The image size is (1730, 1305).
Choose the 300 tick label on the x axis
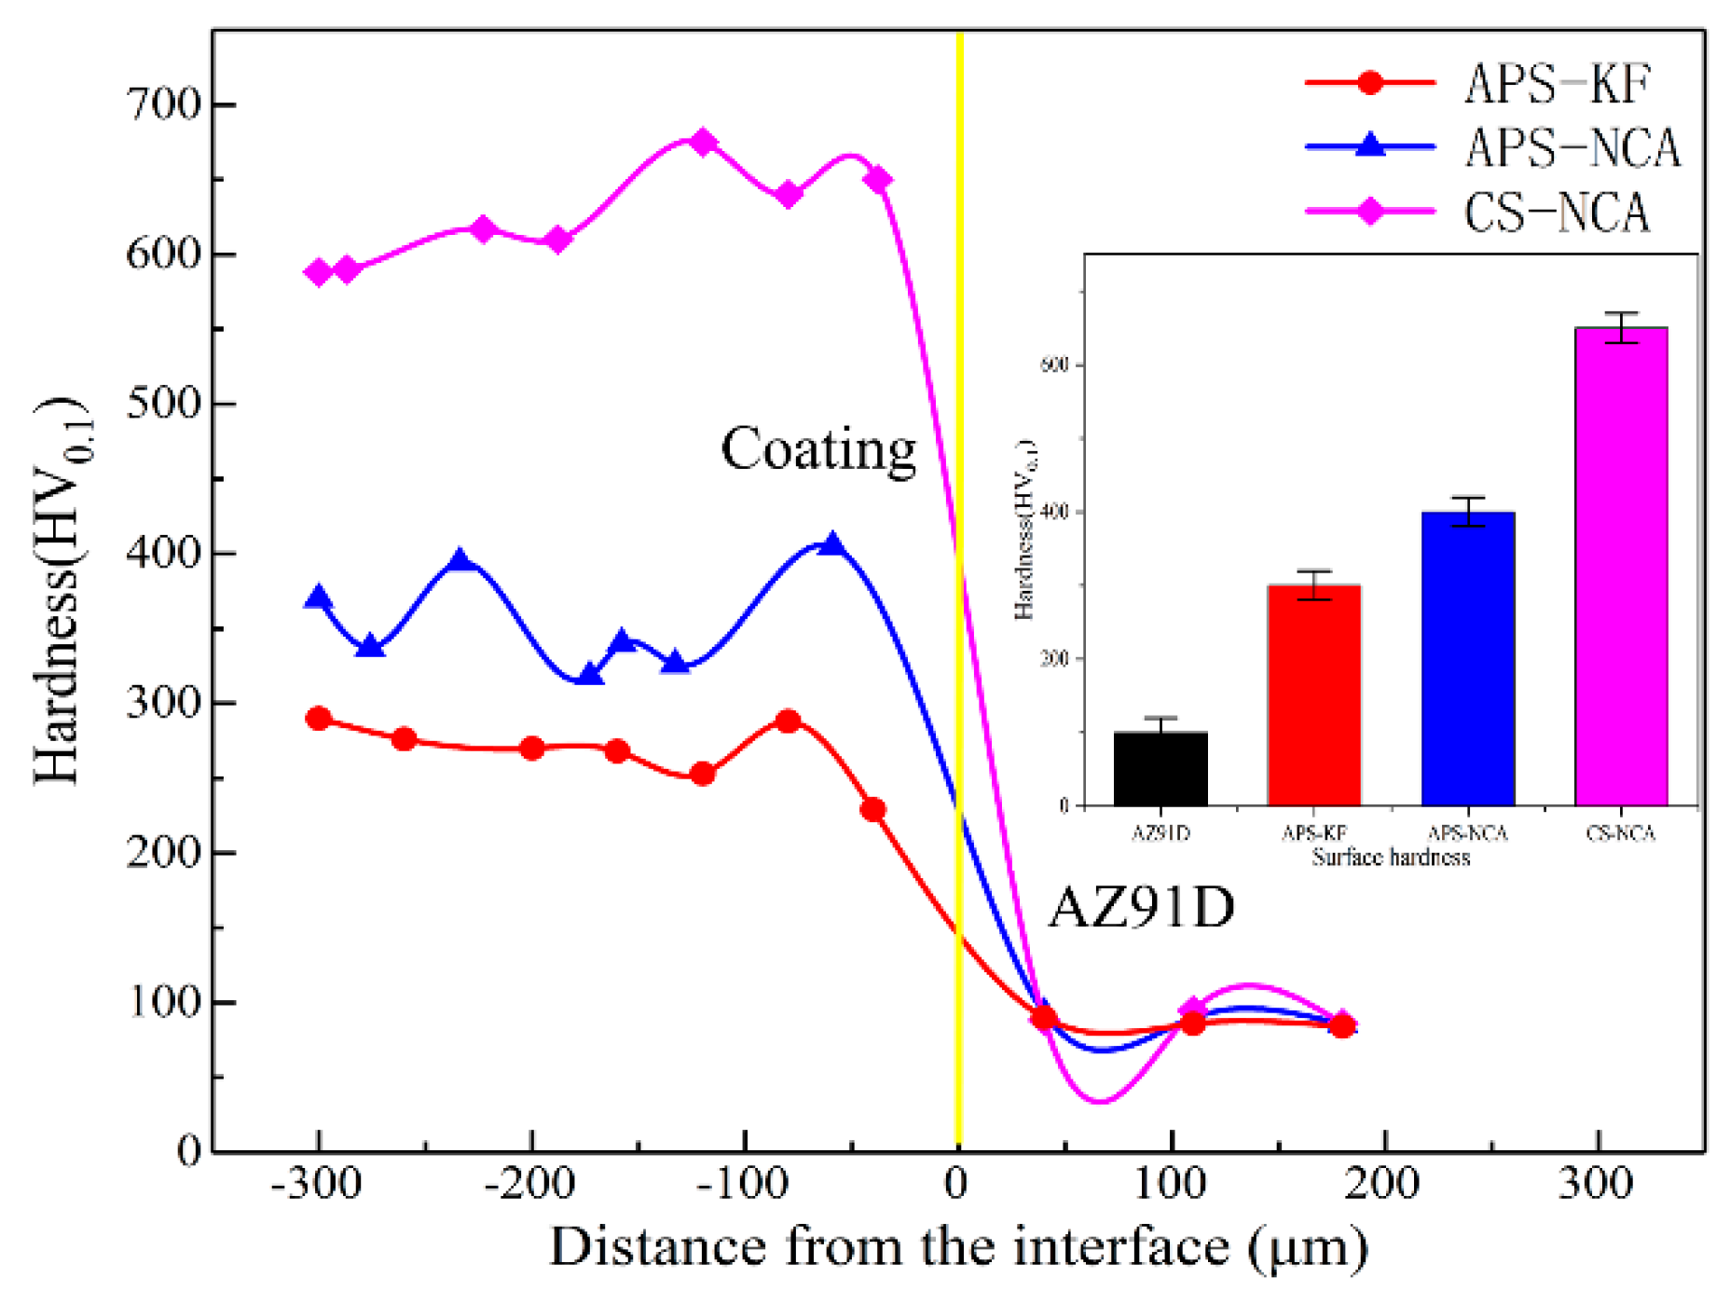pos(1597,1185)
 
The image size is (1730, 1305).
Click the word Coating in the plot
pos(818,449)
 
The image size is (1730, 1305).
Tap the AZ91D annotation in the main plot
pos(1141,906)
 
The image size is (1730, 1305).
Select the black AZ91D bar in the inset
pos(1160,769)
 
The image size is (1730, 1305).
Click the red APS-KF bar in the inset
pos(1314,694)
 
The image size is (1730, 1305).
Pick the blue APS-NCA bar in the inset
pos(1467,657)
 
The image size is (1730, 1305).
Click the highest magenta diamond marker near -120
pos(704,142)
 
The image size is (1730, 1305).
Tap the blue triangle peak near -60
pos(832,544)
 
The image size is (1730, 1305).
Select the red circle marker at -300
pos(319,719)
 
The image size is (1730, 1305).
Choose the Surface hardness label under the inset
pos(1391,858)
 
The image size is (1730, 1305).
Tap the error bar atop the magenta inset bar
pos(1621,327)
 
